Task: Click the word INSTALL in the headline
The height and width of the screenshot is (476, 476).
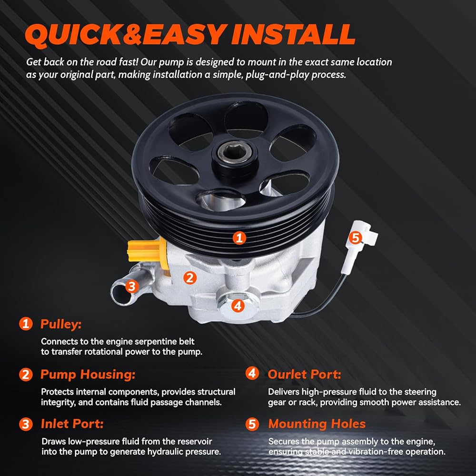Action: point(293,34)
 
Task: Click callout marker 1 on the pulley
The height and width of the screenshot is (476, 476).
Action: point(239,238)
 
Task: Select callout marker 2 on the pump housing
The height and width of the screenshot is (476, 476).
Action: point(190,278)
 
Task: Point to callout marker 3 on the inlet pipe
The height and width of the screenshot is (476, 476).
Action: point(131,286)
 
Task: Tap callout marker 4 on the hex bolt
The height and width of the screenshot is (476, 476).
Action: point(238,306)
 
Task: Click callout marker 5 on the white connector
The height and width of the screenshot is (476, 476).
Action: point(356,238)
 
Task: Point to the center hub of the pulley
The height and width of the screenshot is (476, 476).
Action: point(235,157)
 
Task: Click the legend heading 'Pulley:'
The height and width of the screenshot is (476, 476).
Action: point(61,324)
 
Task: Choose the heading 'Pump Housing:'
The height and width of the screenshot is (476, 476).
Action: point(88,375)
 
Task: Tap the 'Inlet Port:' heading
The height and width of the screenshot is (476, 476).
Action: point(72,424)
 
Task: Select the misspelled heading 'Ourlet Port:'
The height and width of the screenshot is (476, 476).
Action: point(305,374)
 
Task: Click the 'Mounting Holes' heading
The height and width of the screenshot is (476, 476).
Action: point(317,424)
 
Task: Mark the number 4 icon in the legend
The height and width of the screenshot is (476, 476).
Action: point(252,373)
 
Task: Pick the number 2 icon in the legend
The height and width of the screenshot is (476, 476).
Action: point(26,374)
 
